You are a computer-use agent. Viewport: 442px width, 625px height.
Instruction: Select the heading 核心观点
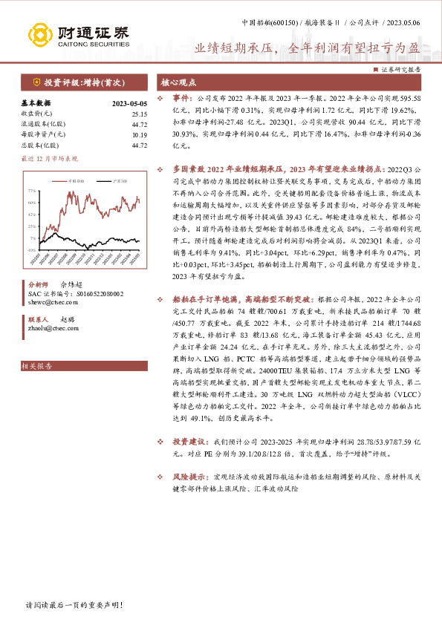[180, 84]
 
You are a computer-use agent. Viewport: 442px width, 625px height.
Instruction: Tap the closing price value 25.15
[139, 114]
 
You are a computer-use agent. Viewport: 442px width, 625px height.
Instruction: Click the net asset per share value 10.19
[139, 135]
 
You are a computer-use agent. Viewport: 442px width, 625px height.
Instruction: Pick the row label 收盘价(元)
[36, 114]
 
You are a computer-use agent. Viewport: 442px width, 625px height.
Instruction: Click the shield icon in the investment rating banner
[36, 83]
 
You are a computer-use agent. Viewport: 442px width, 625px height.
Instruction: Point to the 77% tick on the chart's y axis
[32, 191]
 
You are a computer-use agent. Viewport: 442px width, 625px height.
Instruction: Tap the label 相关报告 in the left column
[34, 367]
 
